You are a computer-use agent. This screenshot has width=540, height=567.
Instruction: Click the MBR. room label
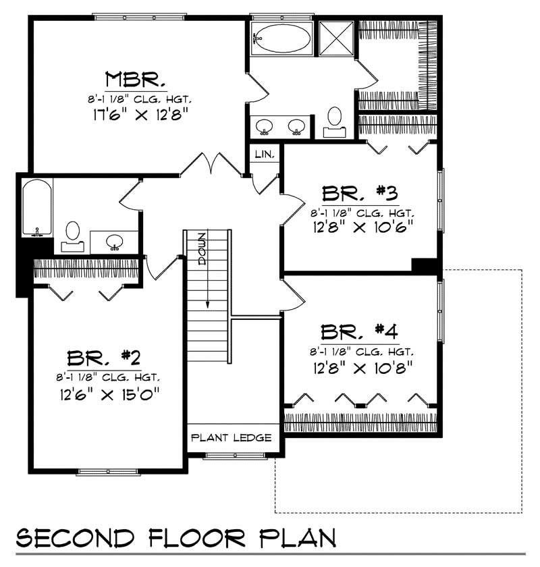(135, 80)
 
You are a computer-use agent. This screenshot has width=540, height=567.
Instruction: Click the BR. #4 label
(358, 333)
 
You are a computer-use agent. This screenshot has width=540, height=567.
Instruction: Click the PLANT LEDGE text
(232, 437)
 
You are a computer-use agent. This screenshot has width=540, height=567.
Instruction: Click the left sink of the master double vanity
(264, 126)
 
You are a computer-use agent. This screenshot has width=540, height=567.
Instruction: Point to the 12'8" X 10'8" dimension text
(358, 368)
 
